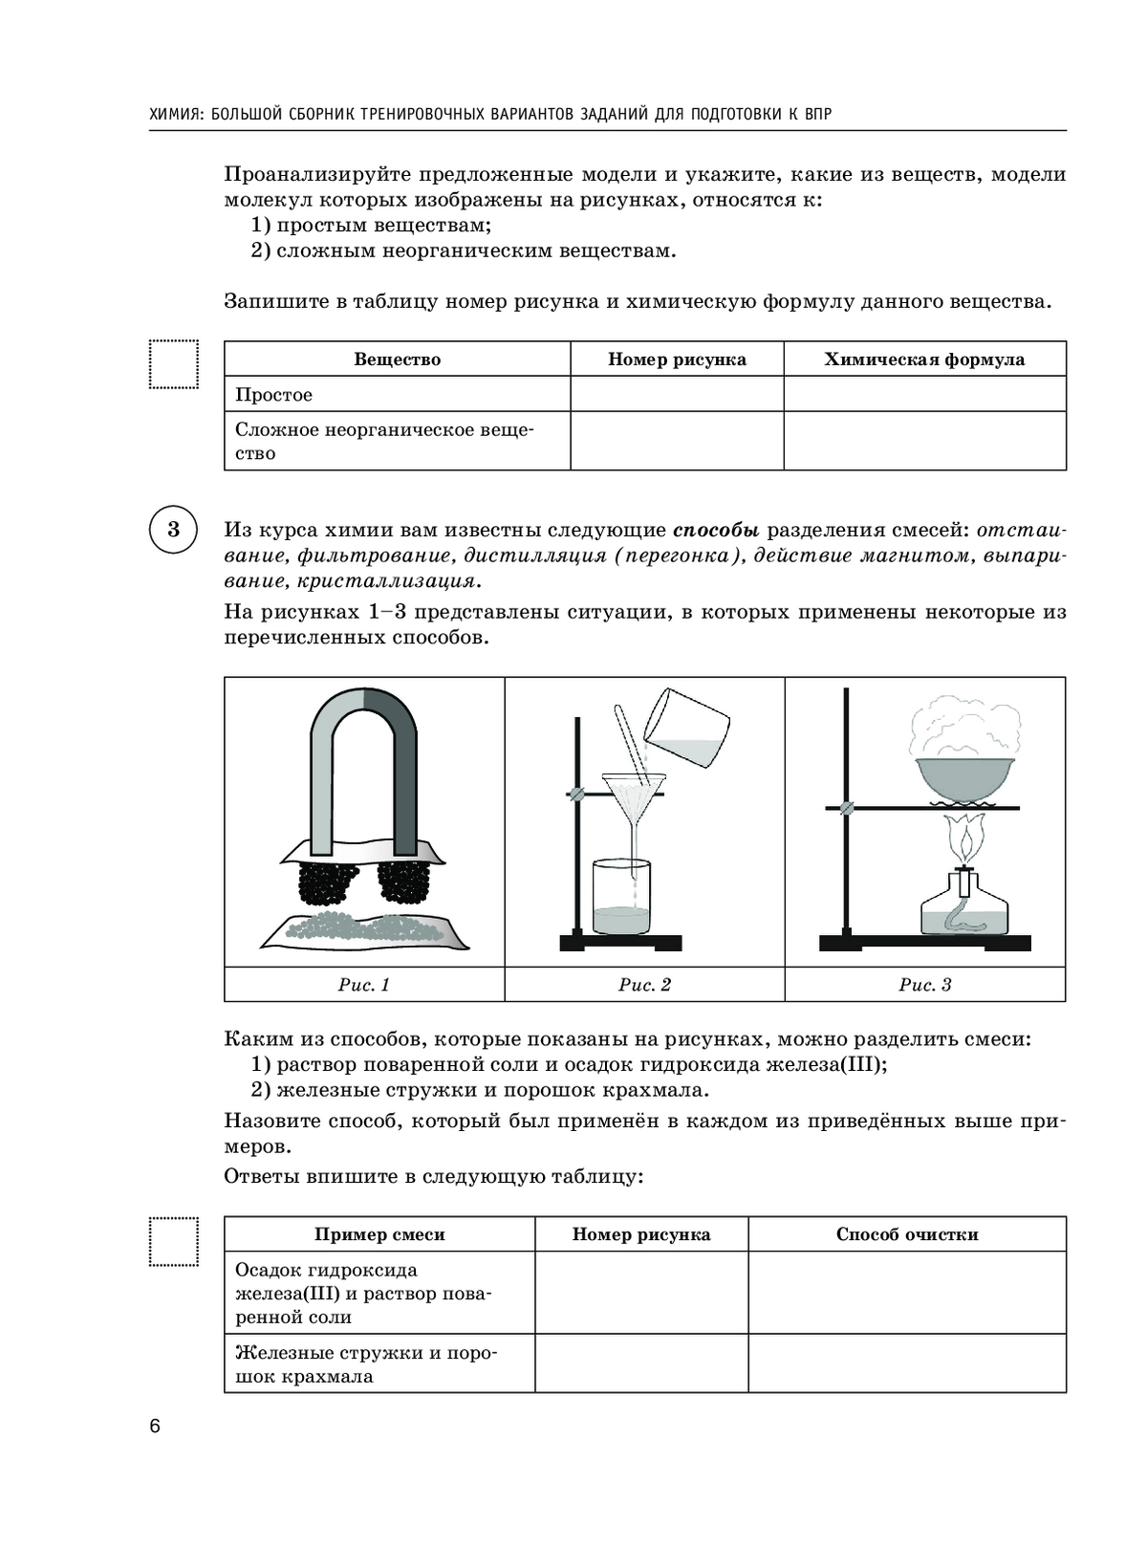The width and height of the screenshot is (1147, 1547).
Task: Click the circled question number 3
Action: pos(173,529)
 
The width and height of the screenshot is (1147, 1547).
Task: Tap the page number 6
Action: pos(155,1427)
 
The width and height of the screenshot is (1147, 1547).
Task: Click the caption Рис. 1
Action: pos(364,985)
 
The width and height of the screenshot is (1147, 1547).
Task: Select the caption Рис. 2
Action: pos(644,985)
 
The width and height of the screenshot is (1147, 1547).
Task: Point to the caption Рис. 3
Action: pos(924,985)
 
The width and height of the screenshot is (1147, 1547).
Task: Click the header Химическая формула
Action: pos(924,360)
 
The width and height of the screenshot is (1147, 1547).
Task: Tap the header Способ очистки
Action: pos(907,1234)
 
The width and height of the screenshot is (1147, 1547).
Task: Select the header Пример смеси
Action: pos(379,1234)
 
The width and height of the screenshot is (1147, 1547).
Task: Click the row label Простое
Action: pos(274,395)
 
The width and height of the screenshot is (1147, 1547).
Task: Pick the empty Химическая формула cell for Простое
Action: pos(924,394)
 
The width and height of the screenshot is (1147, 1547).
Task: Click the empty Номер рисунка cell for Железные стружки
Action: pos(641,1363)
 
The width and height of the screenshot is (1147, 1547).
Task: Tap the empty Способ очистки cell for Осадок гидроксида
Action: pos(907,1293)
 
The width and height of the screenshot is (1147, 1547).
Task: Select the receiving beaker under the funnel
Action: pos(622,899)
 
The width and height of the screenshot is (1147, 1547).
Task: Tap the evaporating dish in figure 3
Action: pos(964,780)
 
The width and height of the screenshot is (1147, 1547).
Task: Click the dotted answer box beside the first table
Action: pos(174,364)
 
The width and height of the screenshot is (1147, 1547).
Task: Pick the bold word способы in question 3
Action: pos(716,530)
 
